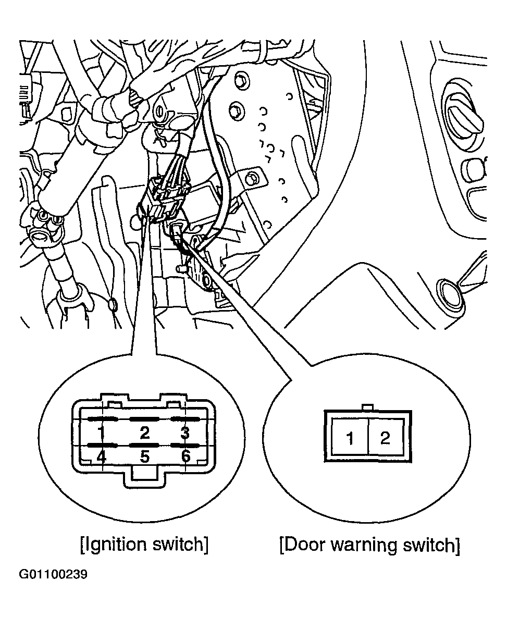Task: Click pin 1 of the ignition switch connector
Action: [x=101, y=432]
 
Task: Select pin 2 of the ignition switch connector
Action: [x=144, y=432]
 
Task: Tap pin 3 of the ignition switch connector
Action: [x=184, y=432]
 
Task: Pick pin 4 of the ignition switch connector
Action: [x=101, y=457]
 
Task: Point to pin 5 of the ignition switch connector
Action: [x=145, y=457]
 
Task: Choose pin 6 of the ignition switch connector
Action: [x=186, y=457]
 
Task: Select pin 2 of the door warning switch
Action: [x=385, y=438]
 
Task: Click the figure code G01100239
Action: [x=53, y=575]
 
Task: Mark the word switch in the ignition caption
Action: [x=177, y=545]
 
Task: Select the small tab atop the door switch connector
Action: [x=367, y=407]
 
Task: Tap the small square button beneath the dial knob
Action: [x=475, y=168]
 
